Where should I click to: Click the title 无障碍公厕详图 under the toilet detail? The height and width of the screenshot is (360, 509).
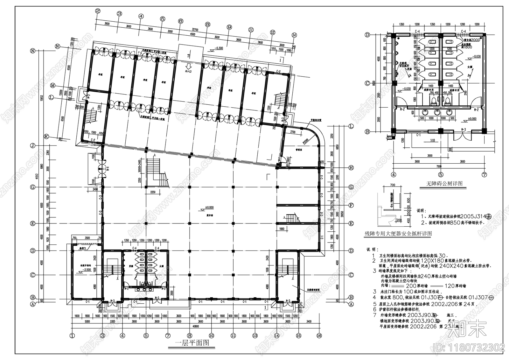pyautogui.click(x=444, y=184)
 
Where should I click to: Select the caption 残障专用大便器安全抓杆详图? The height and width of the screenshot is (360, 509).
pyautogui.click(x=398, y=233)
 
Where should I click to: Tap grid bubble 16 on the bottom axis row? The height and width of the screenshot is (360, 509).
pyautogui.click(x=319, y=335)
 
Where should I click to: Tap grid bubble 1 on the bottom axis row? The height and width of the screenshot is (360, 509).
pyautogui.click(x=72, y=335)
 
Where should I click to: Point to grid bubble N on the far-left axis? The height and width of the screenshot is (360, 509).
pyautogui.click(x=32, y=51)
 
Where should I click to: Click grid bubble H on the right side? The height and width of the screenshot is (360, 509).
pyautogui.click(x=351, y=168)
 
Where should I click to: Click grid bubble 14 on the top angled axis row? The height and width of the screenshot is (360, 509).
pyautogui.click(x=294, y=35)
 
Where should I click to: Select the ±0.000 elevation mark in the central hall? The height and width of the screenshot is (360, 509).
pyautogui.click(x=209, y=208)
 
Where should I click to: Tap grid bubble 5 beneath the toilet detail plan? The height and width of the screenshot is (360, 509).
pyautogui.click(x=441, y=174)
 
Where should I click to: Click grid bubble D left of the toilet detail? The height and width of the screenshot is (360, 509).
pyautogui.click(x=367, y=35)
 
